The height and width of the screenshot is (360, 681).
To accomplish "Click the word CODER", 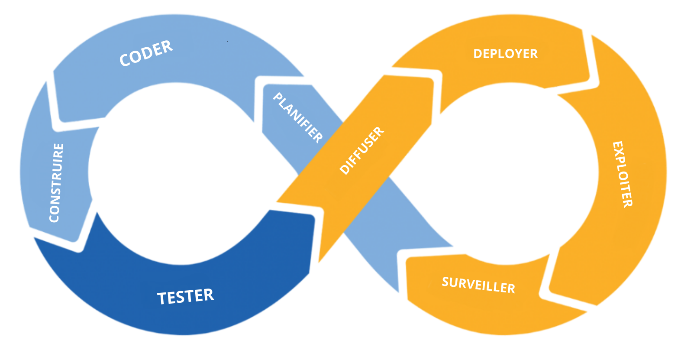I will (146, 53).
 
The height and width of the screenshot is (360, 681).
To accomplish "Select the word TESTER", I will (185, 297).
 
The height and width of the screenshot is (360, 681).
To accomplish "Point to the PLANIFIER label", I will (298, 117).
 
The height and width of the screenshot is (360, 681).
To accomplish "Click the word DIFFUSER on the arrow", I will (362, 150).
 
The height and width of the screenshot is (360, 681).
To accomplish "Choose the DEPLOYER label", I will (505, 54).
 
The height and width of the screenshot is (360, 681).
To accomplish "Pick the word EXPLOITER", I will (623, 174).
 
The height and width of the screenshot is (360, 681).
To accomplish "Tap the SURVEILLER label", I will (478, 285).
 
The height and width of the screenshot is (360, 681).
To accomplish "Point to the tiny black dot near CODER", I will (227, 41).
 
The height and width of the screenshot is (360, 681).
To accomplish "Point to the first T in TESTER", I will (161, 298).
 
